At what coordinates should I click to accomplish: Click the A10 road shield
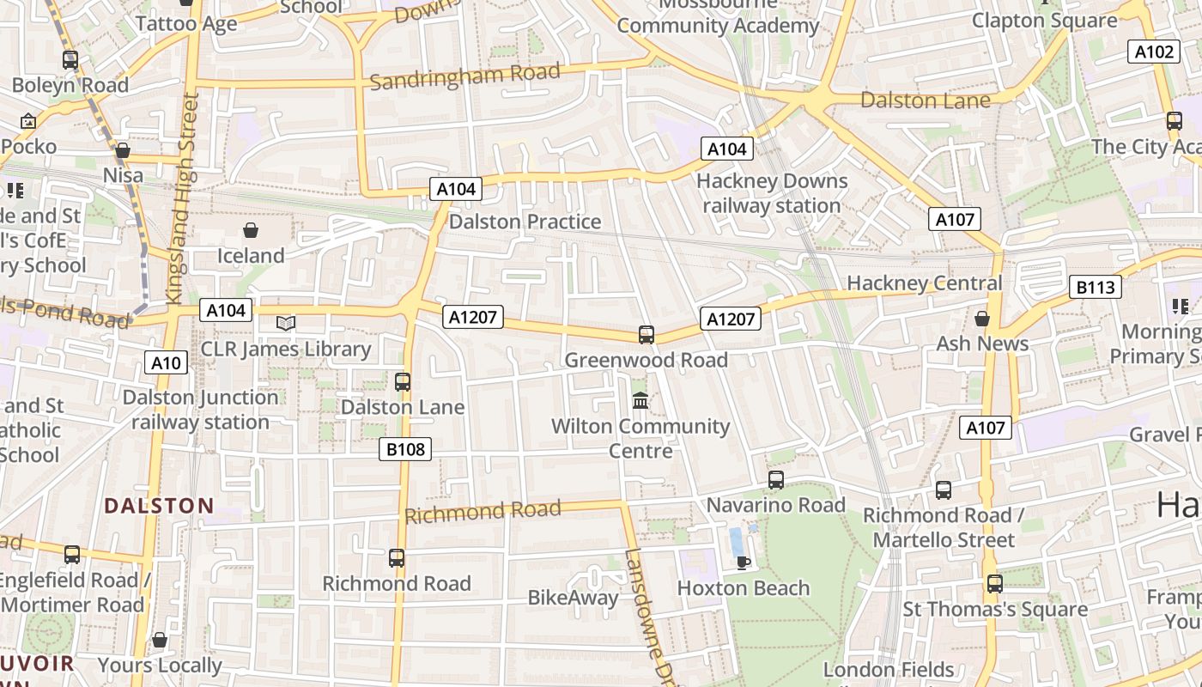[166, 362]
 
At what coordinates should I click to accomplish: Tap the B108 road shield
[405, 448]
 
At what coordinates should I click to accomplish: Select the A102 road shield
[1154, 52]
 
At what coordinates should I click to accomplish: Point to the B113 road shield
[1096, 287]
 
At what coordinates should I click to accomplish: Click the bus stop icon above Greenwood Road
[647, 334]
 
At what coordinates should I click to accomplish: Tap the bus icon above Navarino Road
[776, 480]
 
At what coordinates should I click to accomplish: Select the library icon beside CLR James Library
[286, 323]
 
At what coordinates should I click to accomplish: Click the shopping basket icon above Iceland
[251, 230]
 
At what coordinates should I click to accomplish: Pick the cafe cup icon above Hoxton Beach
[743, 562]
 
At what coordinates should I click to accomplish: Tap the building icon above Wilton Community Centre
[640, 400]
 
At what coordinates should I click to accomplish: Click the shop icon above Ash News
[982, 319]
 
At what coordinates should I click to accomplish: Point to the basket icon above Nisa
[123, 150]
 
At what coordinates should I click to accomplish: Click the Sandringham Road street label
[464, 76]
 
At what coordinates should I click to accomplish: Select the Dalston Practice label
[525, 222]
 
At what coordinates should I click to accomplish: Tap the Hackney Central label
[925, 283]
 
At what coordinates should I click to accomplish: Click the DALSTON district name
[159, 506]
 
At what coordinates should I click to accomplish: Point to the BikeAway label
[573, 598]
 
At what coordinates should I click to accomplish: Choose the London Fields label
[889, 669]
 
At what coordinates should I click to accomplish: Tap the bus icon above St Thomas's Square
[994, 584]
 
